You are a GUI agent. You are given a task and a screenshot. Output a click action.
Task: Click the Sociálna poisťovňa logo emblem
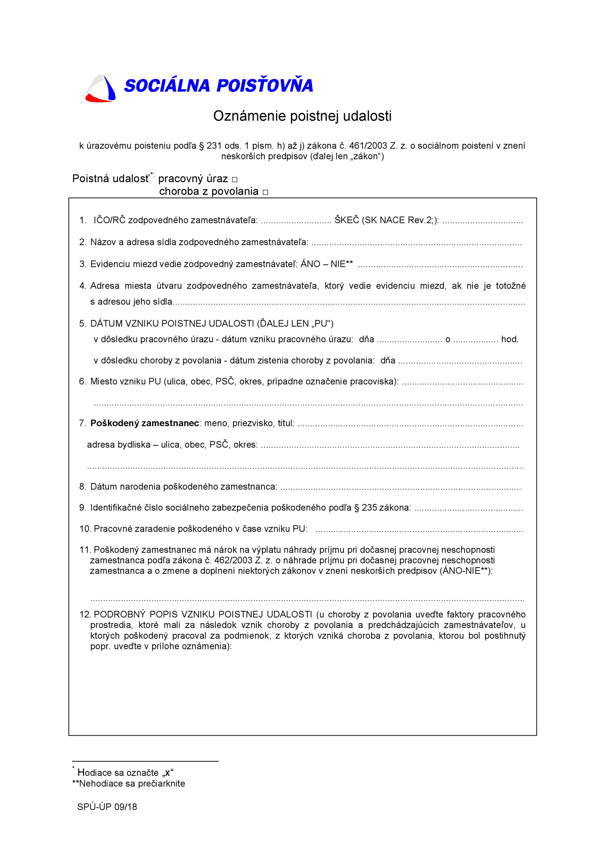pos(100,89)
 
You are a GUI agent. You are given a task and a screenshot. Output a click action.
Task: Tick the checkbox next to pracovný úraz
pos(235,180)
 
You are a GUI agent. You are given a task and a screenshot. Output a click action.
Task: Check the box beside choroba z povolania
pos(265,192)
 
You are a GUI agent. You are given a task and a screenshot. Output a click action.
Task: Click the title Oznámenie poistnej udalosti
pos(302,116)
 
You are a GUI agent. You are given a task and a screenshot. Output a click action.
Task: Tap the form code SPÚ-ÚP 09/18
pos(107,807)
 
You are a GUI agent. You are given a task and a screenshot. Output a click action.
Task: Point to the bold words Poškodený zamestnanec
pos(144,423)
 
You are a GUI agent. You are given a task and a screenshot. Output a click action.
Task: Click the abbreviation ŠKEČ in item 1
pos(346,220)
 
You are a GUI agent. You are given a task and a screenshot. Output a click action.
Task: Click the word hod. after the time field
pos(510,339)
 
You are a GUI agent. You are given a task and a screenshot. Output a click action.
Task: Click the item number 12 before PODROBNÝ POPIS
pos(85,614)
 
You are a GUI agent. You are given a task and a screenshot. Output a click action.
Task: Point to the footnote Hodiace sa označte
pos(125,773)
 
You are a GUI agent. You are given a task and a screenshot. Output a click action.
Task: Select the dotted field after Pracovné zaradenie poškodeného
pos(419,530)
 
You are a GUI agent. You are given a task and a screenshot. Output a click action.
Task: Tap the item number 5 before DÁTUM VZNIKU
pos(82,324)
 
